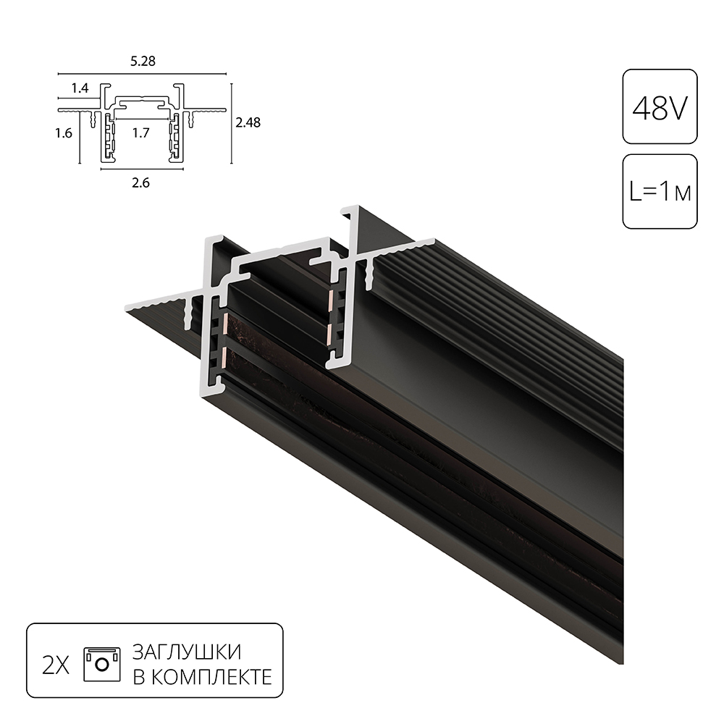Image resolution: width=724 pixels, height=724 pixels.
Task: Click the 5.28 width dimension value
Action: click(x=143, y=62)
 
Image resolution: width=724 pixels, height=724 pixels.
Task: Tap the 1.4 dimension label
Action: click(x=80, y=88)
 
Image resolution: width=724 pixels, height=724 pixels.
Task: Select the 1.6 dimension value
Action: click(x=64, y=133)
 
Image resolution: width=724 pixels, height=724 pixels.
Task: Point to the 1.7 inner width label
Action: click(x=141, y=133)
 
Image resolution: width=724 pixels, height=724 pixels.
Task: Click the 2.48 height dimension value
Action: click(x=248, y=122)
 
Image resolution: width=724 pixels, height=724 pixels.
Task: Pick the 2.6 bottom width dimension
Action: click(x=141, y=183)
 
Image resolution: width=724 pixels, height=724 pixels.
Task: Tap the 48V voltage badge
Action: click(x=660, y=107)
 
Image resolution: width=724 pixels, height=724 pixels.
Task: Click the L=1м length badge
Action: click(x=660, y=192)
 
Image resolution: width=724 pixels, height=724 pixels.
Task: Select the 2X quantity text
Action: click(x=56, y=665)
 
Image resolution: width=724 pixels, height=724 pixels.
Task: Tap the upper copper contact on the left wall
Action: click(x=224, y=323)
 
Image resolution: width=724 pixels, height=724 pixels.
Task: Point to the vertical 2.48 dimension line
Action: click(x=231, y=123)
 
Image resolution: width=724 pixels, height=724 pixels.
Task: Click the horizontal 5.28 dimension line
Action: click(x=143, y=74)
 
